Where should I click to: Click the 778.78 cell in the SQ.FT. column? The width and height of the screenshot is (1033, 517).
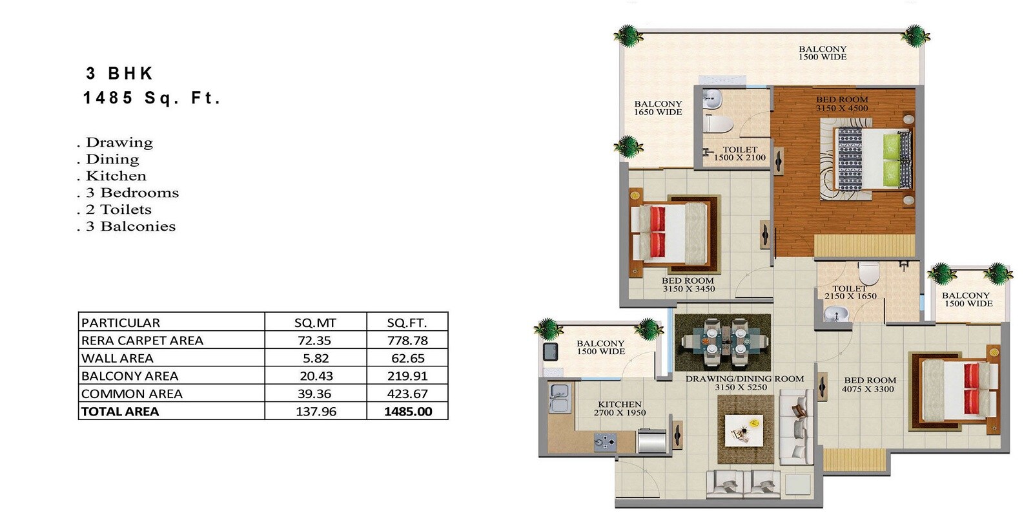tap(407, 340)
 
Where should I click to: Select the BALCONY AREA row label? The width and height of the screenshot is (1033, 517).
tap(129, 375)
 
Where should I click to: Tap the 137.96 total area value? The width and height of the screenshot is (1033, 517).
tap(316, 411)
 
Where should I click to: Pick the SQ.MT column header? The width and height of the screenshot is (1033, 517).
tap(315, 322)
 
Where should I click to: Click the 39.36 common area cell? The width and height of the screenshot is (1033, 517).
tap(315, 394)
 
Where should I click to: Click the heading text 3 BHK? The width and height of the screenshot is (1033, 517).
tap(119, 73)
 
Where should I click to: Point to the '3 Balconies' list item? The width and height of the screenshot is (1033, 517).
tap(131, 226)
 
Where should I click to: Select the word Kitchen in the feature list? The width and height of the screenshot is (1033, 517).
tap(116, 176)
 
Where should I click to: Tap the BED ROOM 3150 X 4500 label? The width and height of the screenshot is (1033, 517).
tap(842, 104)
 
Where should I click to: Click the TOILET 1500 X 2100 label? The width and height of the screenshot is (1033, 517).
tap(740, 153)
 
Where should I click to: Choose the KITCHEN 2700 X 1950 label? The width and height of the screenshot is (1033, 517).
tap(620, 408)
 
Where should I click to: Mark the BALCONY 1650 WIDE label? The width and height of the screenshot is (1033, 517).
tap(658, 108)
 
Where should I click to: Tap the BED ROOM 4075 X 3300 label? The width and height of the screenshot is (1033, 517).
tap(870, 385)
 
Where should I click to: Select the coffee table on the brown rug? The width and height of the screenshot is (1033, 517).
tap(746, 430)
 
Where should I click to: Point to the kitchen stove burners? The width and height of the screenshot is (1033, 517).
tap(606, 443)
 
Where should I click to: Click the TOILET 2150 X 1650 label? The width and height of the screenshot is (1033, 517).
tap(850, 292)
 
